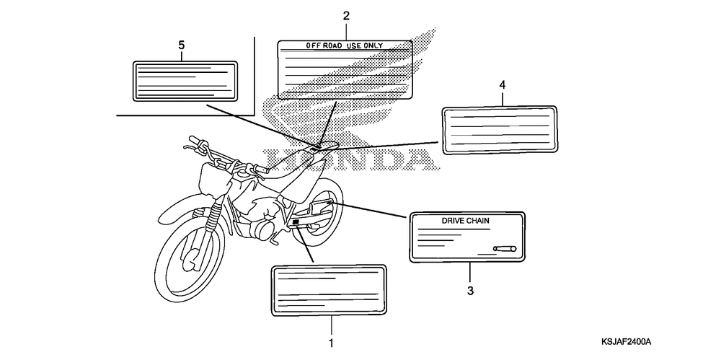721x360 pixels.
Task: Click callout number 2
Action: click(x=346, y=16)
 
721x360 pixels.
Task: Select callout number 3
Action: click(x=469, y=291)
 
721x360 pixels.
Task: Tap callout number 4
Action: click(x=502, y=85)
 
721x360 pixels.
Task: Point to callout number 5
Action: click(x=181, y=45)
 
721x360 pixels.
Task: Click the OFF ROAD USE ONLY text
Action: click(x=345, y=45)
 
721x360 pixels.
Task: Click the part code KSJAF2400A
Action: click(x=632, y=341)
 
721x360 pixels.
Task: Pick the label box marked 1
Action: click(x=329, y=291)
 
